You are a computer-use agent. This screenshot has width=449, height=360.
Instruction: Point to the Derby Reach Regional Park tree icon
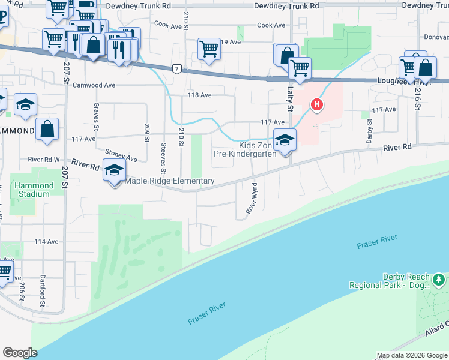point(439,280)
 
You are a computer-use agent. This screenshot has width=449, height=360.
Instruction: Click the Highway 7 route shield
point(176,68)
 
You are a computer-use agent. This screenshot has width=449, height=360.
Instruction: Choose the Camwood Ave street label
point(94,85)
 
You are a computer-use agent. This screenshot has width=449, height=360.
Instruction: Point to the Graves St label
point(95,116)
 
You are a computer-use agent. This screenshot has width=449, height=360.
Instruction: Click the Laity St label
point(289,98)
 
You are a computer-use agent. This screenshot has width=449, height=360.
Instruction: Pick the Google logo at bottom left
point(20,353)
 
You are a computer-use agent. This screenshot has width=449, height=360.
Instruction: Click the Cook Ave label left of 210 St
point(167,25)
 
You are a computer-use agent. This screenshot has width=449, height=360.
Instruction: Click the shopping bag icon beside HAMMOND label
point(47,129)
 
